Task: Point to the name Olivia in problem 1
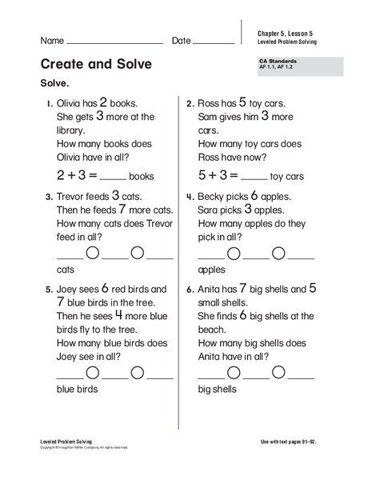tap(71, 103)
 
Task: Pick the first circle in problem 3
tap(92, 254)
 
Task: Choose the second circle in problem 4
tap(278, 254)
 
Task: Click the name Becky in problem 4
tap(213, 197)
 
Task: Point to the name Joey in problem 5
tap(69, 290)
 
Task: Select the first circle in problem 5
tap(92, 372)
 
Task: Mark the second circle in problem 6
tap(278, 372)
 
